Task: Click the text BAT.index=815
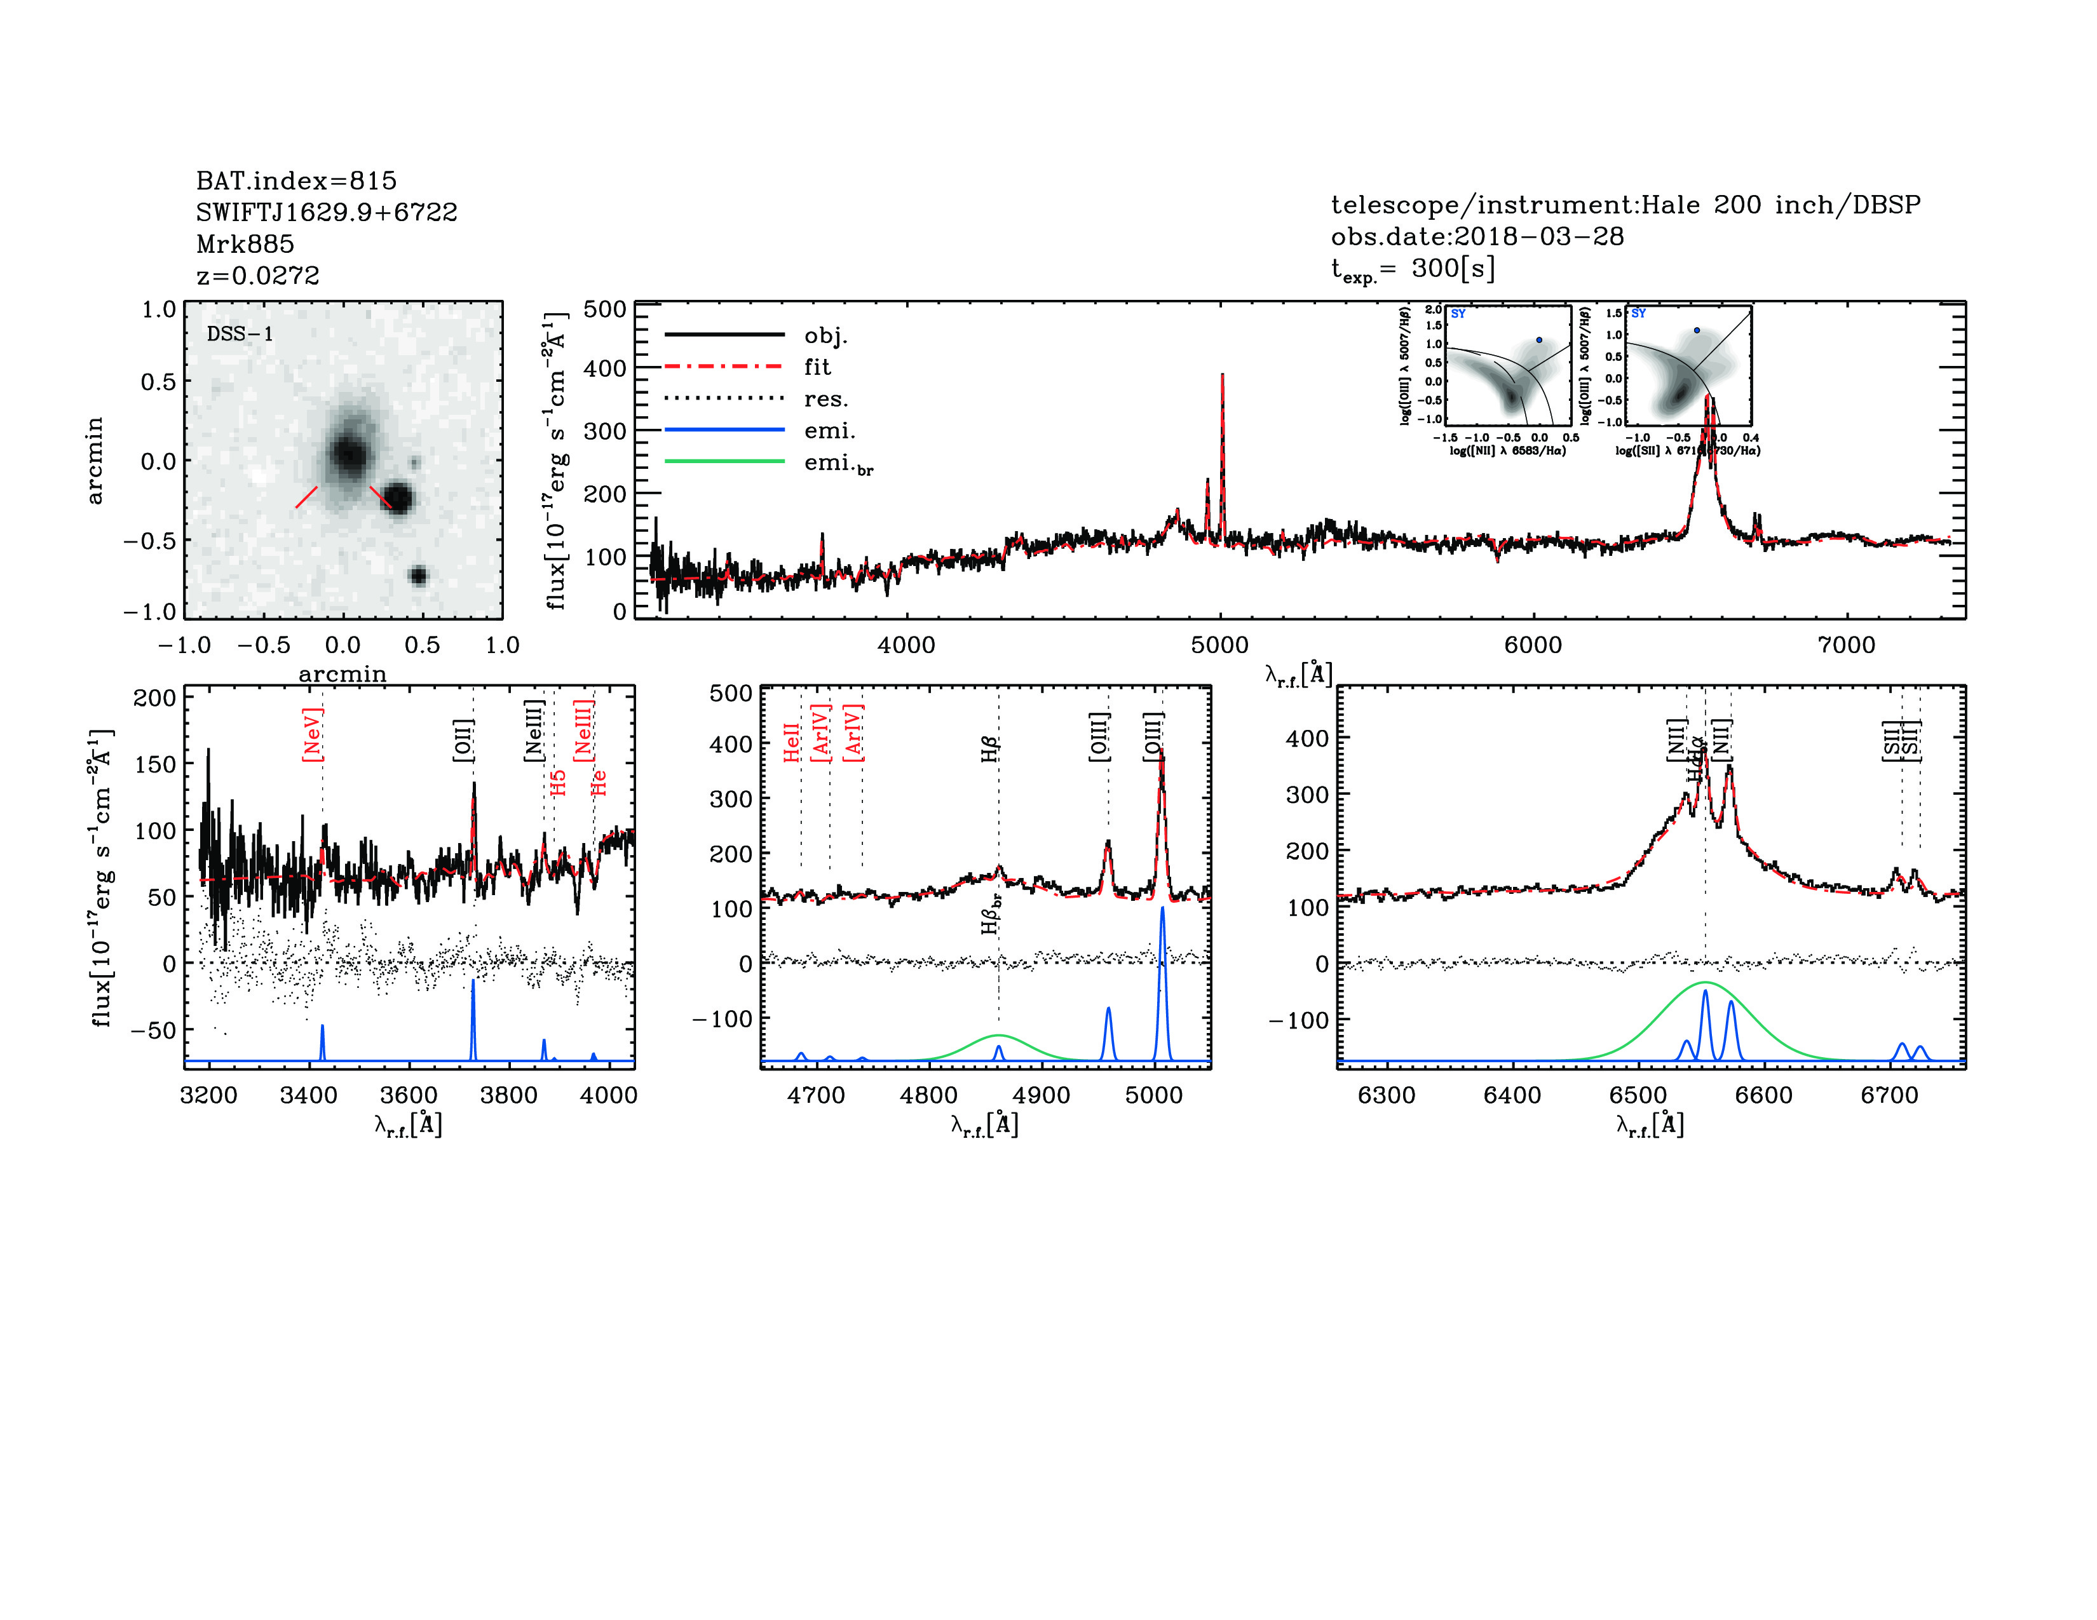(x=295, y=180)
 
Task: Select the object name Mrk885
(x=245, y=244)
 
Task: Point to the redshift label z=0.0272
(x=257, y=276)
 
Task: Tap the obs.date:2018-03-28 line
(x=1477, y=236)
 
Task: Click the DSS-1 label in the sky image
(x=240, y=334)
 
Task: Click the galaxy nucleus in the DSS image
(x=348, y=453)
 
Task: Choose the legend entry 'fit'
(x=817, y=367)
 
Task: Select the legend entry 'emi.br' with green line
(x=838, y=464)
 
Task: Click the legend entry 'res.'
(x=825, y=399)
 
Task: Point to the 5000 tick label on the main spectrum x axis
(x=1219, y=645)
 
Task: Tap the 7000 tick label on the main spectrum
(x=1847, y=645)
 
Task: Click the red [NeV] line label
(x=312, y=734)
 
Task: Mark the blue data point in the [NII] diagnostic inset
(x=1539, y=340)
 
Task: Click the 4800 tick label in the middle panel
(x=928, y=1095)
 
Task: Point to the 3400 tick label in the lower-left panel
(x=308, y=1095)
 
